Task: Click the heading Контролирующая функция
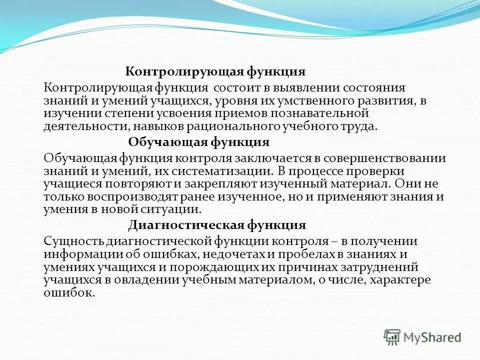pos(215,71)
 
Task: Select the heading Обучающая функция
pos(198,142)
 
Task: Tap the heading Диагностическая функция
pos(217,224)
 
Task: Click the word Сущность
pos(73,241)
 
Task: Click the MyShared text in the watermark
pos(432,337)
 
